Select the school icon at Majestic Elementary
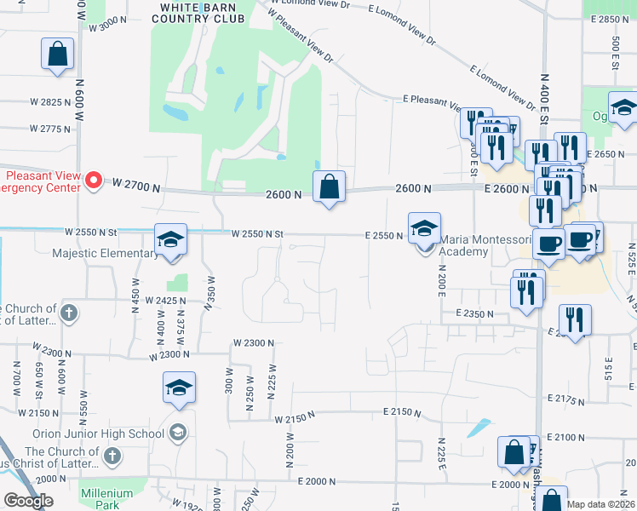pyautogui.click(x=170, y=239)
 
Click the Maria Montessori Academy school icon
pyautogui.click(x=424, y=228)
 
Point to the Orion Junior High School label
pyautogui.click(x=98, y=433)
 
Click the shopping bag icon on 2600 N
pyautogui.click(x=329, y=187)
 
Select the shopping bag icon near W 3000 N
pyautogui.click(x=57, y=55)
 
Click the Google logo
pyautogui.click(x=28, y=501)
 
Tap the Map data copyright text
pyautogui.click(x=600, y=503)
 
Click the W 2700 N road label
pyautogui.click(x=136, y=184)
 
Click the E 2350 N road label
pyautogui.click(x=474, y=313)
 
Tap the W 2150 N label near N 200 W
pyautogui.click(x=295, y=417)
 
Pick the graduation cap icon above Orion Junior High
pyautogui.click(x=179, y=388)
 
